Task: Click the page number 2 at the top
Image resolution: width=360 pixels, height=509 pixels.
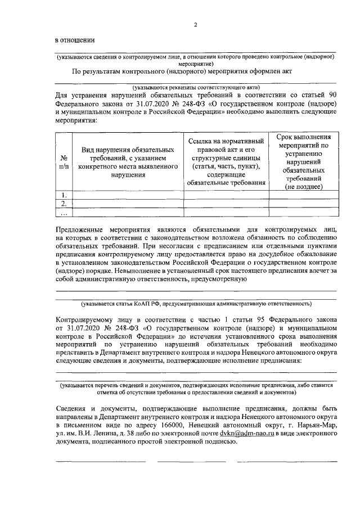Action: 195,25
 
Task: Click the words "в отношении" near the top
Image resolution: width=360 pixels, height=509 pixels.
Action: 74,40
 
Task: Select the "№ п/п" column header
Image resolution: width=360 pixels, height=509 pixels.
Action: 64,162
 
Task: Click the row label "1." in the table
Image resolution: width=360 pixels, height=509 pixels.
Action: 64,195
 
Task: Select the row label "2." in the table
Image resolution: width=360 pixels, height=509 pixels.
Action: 64,204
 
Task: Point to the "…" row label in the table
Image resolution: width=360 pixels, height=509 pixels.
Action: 64,213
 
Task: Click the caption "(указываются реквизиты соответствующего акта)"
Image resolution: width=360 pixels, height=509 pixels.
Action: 196,88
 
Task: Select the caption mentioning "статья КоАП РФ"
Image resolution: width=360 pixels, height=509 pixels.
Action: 196,304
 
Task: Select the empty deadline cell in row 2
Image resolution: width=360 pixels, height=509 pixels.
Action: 303,204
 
